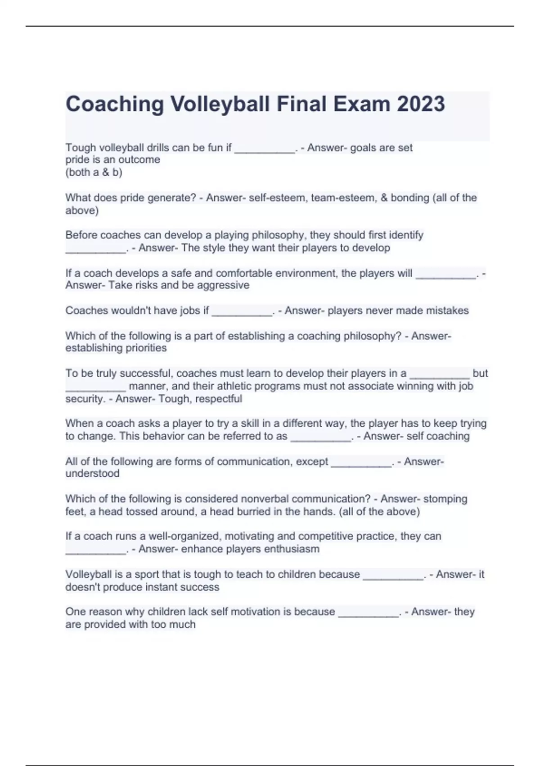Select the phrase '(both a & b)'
tap(94, 172)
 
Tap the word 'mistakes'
tap(446, 310)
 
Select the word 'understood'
tap(92, 474)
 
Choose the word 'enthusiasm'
tap(292, 549)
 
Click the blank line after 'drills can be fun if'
tap(264, 150)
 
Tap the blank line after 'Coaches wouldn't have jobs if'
tap(242, 313)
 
